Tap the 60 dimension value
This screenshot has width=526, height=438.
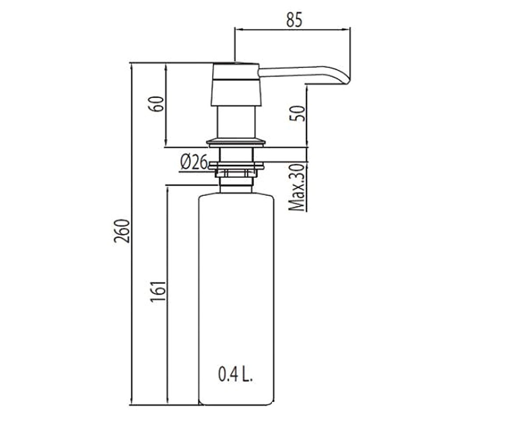pos(156,104)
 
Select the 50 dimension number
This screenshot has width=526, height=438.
pos(297,113)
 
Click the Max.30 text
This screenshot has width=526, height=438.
pos(297,187)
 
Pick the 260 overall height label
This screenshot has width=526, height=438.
pos(122,231)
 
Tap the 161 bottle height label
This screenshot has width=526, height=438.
pos(158,291)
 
